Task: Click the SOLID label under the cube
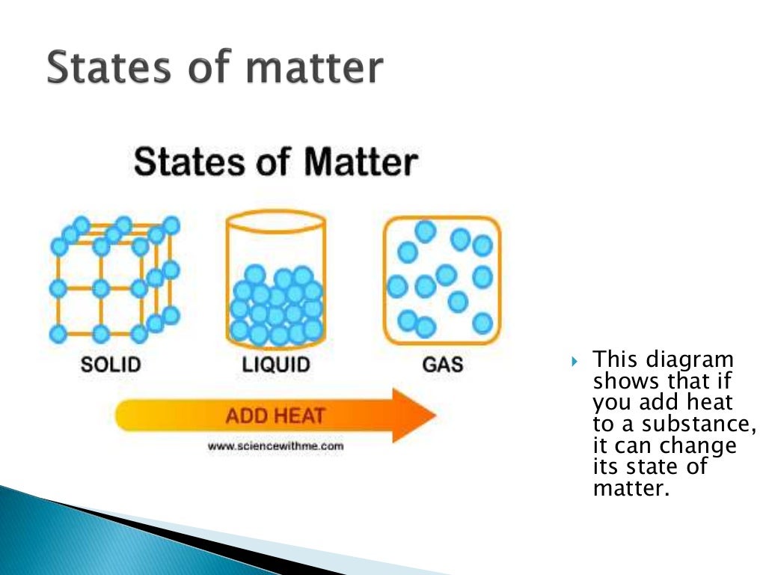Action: click(x=111, y=365)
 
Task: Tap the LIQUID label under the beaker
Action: click(x=276, y=365)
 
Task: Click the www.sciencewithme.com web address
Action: click(x=275, y=445)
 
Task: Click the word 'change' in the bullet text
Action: click(x=698, y=447)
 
